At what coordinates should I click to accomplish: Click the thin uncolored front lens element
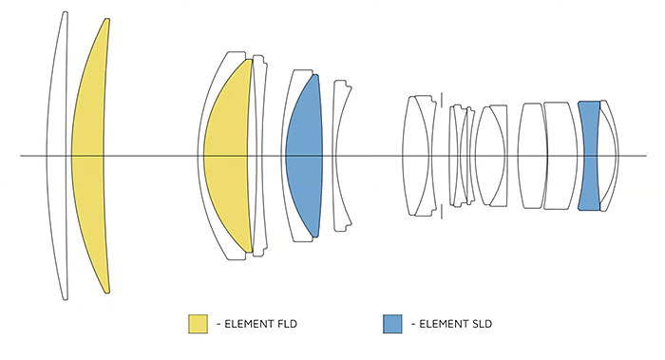pos(56,156)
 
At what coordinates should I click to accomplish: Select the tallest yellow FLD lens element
pos(87,156)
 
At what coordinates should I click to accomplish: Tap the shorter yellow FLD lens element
pos(227,156)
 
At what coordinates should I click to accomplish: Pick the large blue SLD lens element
pos(304,156)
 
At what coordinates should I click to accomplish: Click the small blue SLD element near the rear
pos(589,156)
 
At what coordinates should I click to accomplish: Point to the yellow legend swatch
pos(198,324)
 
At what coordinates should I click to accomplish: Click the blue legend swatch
pos(392,324)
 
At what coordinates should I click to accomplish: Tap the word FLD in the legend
pos(287,325)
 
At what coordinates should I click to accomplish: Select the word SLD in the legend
pos(482,325)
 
